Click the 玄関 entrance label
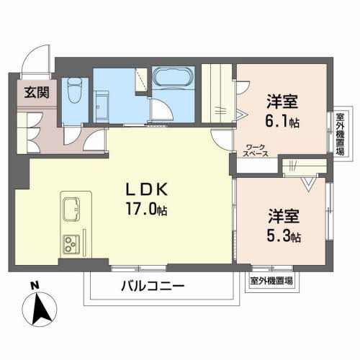coord(37,92)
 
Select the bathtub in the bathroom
coord(174,77)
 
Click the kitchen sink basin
coord(71,209)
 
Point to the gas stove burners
coord(71,243)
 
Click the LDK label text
coord(146,190)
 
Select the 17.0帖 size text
coord(146,209)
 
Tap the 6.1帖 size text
coord(282,121)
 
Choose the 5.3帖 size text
coord(284,235)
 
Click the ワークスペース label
coord(256,150)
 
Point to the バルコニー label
coord(153,287)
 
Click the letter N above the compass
coord(35,285)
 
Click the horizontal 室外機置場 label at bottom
coord(271,280)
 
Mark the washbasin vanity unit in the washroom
coord(102,107)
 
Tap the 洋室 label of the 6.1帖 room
coord(282,102)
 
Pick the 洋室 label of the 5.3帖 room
coord(284,216)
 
